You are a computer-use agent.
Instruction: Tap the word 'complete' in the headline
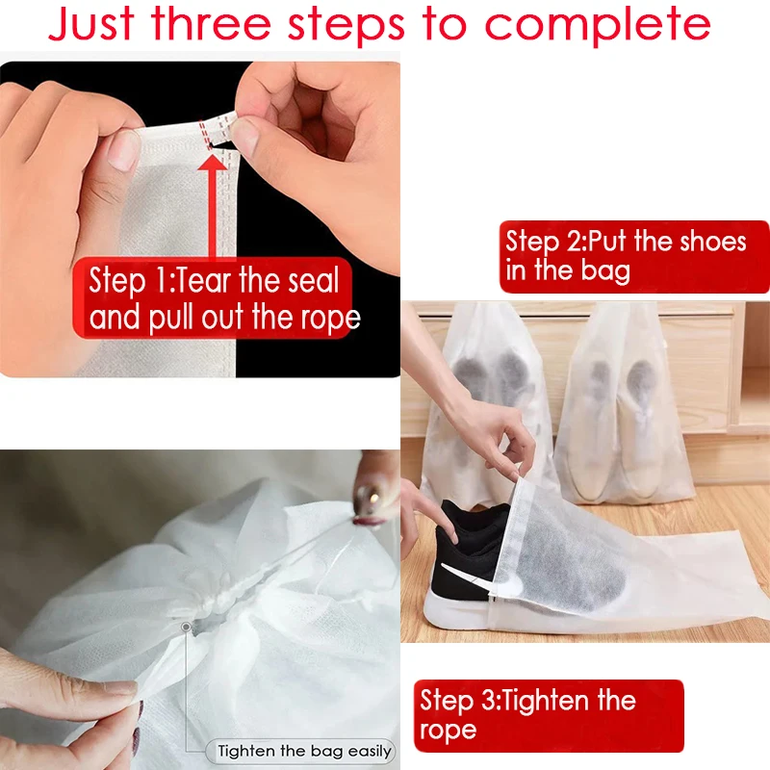[x=597, y=27]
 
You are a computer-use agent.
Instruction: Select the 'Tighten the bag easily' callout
[x=304, y=751]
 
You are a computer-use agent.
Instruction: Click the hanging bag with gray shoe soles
[x=481, y=385]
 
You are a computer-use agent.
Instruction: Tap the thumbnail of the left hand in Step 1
[x=122, y=149]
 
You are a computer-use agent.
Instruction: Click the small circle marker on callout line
[x=186, y=627]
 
